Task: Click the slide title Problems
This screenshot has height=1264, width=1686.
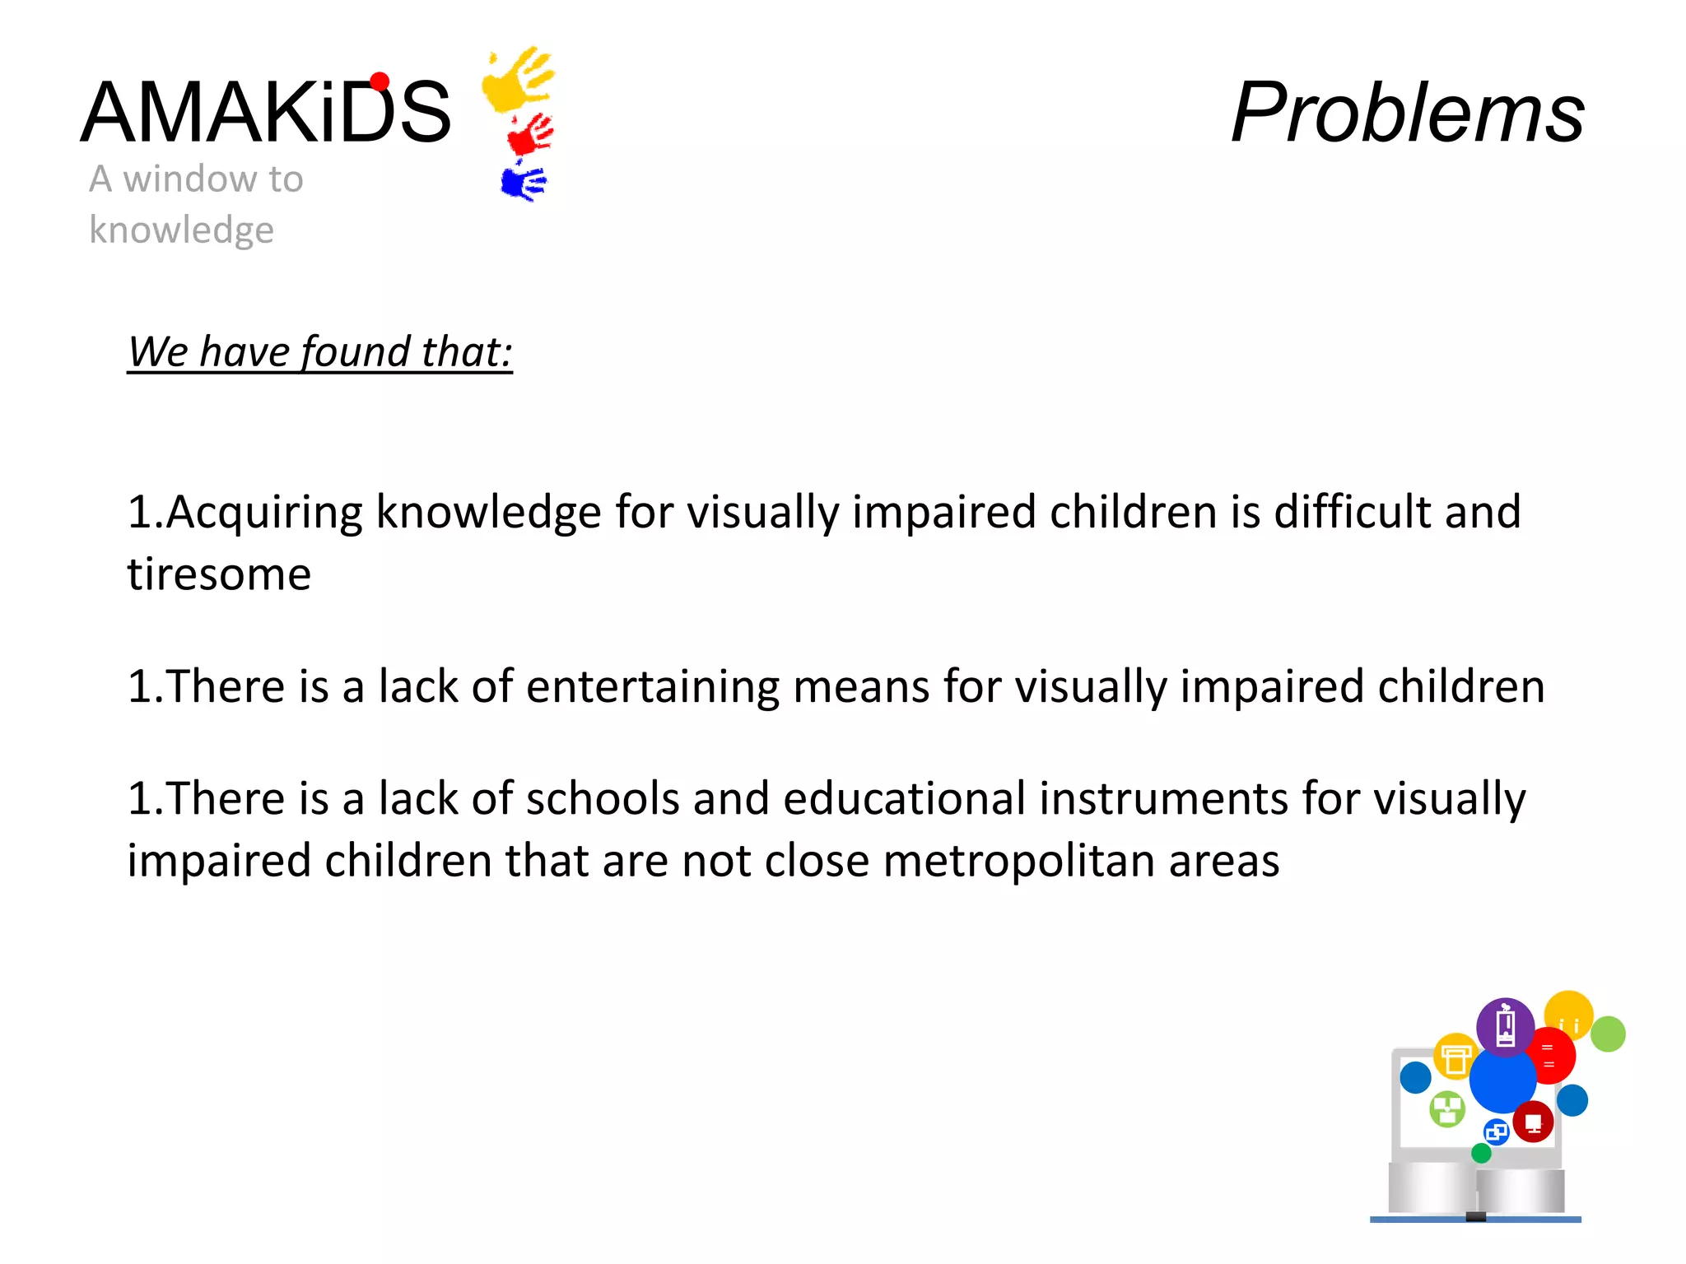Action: [x=1407, y=113]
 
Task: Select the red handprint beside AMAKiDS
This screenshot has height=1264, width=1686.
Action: [x=530, y=135]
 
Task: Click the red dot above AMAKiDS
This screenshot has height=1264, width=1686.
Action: [x=380, y=81]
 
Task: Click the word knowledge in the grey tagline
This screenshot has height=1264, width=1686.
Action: [x=181, y=230]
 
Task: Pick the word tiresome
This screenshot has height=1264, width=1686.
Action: [x=219, y=574]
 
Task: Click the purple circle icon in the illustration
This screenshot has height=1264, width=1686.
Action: [x=1505, y=1026]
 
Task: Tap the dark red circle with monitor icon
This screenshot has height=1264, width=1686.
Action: [x=1533, y=1122]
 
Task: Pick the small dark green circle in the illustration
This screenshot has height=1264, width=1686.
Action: [x=1481, y=1154]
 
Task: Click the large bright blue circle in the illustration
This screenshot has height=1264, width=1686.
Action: [x=1502, y=1080]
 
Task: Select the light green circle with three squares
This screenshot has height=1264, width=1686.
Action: [x=1447, y=1108]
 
